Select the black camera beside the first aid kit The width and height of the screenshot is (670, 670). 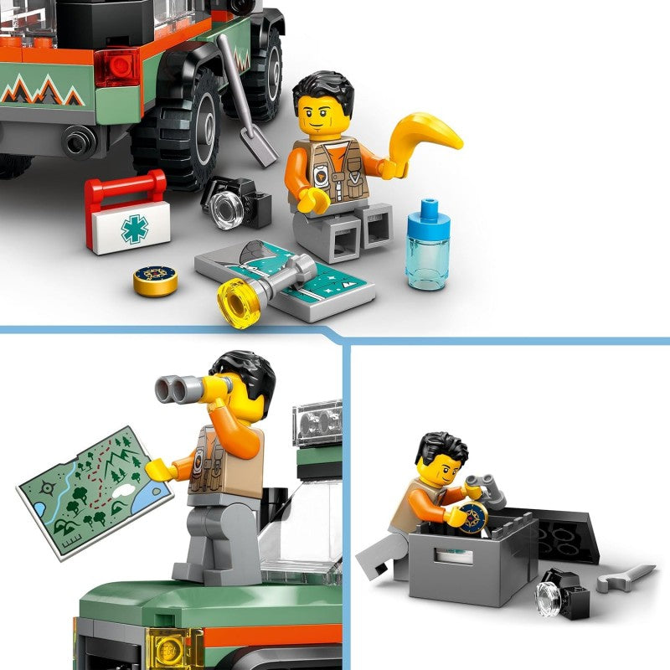pos(234,201)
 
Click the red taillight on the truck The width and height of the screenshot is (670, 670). pos(116,67)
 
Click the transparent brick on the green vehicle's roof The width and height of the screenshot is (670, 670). pos(319,423)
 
